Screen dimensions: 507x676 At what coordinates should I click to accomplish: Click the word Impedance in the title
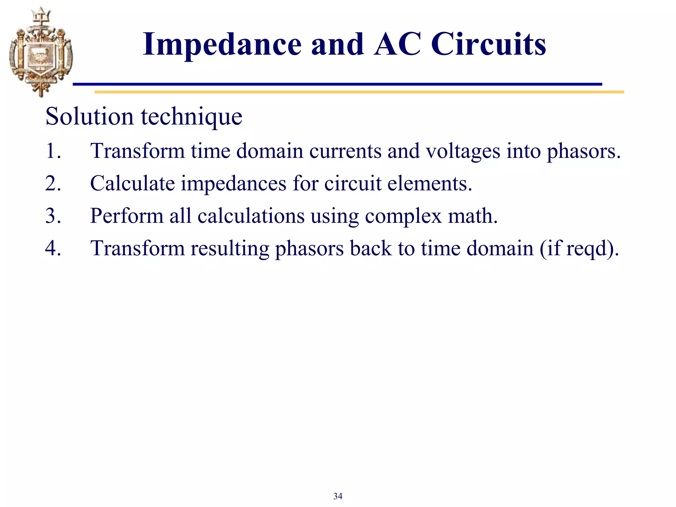[222, 45]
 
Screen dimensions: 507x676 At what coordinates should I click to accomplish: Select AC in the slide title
[397, 45]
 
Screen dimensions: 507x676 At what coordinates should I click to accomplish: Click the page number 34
[338, 496]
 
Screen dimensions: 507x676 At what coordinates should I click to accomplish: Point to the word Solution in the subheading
[89, 117]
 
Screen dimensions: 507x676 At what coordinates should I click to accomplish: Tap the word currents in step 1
[345, 151]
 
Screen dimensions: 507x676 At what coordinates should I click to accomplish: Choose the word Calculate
[132, 184]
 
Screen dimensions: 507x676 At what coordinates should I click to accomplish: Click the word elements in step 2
[429, 184]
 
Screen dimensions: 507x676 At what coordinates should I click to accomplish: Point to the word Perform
[127, 216]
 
